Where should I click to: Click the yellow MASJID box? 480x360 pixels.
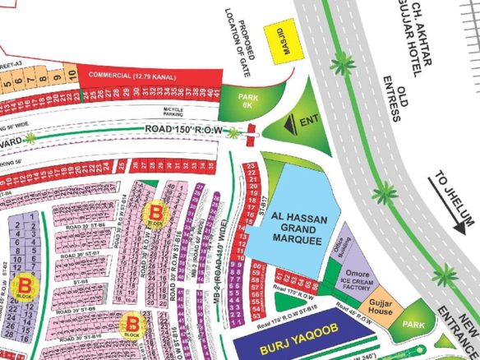point(283,38)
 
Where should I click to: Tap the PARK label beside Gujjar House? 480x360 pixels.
point(413,325)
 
